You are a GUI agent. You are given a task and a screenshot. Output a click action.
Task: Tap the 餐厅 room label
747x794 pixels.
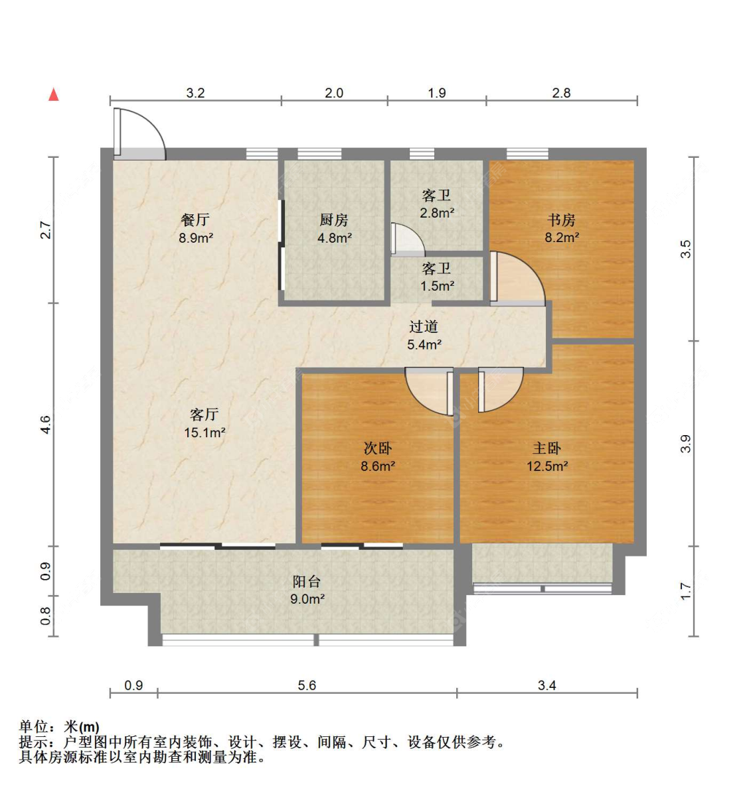195,220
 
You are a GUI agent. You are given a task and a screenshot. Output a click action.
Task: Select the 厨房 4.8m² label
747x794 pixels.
334,228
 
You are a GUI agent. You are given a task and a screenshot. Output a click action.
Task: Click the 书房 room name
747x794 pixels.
562,220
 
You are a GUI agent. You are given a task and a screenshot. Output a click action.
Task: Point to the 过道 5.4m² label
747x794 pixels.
424,335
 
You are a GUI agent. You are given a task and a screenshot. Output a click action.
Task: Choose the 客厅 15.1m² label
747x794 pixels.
205,423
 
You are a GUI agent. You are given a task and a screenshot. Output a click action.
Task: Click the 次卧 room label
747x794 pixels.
378,448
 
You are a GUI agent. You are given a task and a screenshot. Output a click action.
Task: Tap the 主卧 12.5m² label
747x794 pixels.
547,457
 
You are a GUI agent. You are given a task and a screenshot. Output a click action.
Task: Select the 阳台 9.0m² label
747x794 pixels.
307,590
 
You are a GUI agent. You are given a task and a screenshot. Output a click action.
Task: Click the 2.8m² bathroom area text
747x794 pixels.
437,213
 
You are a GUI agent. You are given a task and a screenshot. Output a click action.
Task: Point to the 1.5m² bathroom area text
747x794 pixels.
437,286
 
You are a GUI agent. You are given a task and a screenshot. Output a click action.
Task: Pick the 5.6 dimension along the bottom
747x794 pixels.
307,685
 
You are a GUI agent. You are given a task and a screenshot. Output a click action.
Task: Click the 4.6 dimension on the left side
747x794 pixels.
46,425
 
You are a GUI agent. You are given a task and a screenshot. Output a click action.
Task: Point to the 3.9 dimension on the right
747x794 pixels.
685,444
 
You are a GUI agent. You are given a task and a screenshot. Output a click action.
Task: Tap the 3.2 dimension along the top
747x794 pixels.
195,93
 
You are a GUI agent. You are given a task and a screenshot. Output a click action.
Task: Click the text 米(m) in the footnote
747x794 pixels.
82,727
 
